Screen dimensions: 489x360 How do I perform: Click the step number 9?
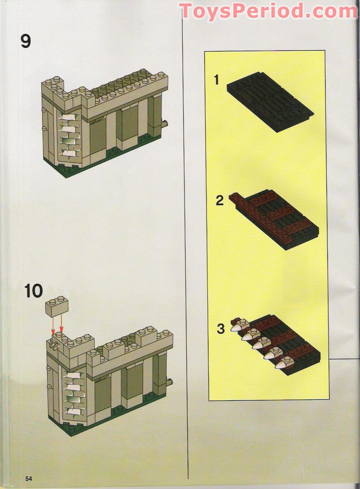click(x=26, y=41)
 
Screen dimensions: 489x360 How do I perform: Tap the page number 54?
click(x=29, y=478)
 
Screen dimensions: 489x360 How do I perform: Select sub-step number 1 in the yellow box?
click(x=216, y=80)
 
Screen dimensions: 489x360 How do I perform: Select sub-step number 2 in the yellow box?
click(x=220, y=200)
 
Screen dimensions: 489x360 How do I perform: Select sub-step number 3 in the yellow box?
click(x=220, y=329)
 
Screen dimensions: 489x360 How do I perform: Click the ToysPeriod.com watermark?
click(x=268, y=11)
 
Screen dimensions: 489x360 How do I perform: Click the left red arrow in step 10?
click(x=53, y=324)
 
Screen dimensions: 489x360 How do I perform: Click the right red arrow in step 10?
click(x=61, y=324)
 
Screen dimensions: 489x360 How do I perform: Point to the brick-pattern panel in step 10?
click(x=72, y=392)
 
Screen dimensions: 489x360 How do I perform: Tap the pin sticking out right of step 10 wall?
click(x=169, y=382)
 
